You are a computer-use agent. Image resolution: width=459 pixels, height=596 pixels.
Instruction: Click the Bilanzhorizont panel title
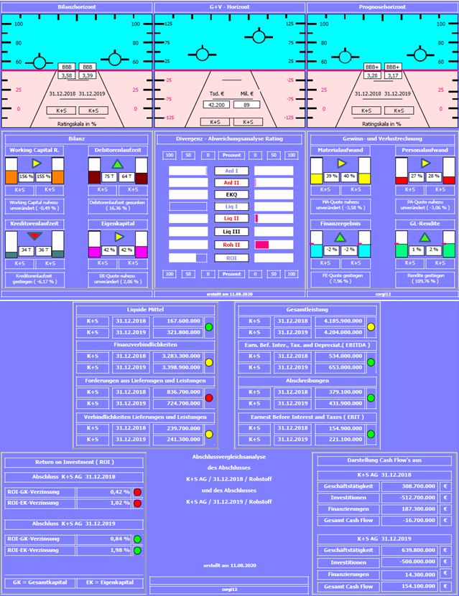(76, 6)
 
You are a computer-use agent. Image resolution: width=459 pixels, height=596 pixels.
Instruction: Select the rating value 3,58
(66, 75)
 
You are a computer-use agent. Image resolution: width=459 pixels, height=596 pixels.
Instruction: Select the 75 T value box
(109, 176)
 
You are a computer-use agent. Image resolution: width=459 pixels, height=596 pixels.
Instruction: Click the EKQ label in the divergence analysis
(231, 194)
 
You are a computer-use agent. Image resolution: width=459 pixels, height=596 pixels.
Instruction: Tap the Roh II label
(231, 244)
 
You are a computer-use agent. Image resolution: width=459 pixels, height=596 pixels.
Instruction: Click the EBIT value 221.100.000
(335, 439)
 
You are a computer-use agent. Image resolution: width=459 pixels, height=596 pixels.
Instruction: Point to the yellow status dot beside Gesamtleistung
(371, 327)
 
